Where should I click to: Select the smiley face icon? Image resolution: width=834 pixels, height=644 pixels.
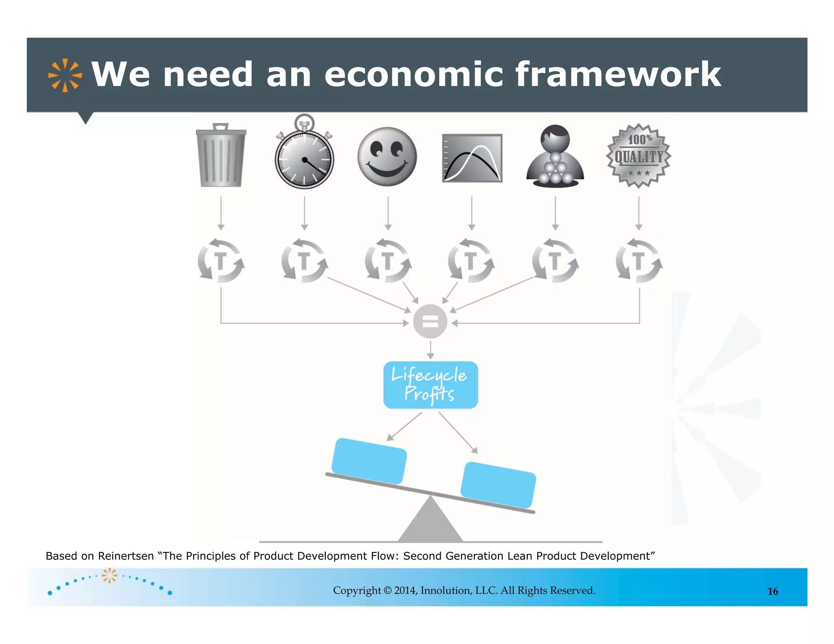pyautogui.click(x=387, y=157)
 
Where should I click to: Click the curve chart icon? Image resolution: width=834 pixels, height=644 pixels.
pyautogui.click(x=472, y=158)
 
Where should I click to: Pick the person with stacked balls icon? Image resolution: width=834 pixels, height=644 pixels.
pyautogui.click(x=555, y=157)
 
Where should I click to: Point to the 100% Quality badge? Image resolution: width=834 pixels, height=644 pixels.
pyautogui.click(x=639, y=156)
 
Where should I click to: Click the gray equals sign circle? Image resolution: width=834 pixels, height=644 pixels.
pyautogui.click(x=430, y=322)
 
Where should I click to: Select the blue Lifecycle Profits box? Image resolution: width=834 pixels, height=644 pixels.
pyautogui.click(x=430, y=385)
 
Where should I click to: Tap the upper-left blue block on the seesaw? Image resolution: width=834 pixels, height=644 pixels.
pyautogui.click(x=369, y=461)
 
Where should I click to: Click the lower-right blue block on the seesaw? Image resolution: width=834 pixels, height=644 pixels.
pyautogui.click(x=498, y=485)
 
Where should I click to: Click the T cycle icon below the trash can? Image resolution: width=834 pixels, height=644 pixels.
pyautogui.click(x=221, y=261)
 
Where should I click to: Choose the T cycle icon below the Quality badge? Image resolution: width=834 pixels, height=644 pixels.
pyautogui.click(x=639, y=261)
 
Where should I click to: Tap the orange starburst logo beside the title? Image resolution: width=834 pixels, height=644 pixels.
pyautogui.click(x=65, y=75)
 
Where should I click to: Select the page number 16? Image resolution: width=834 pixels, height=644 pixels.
pyautogui.click(x=773, y=591)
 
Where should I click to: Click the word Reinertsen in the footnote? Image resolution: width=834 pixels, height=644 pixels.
pyautogui.click(x=126, y=556)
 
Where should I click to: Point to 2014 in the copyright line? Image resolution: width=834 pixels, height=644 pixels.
pyautogui.click(x=405, y=591)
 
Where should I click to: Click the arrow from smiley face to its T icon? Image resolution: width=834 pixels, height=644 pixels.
pyautogui.click(x=388, y=213)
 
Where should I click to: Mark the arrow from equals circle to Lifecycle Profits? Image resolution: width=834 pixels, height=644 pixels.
pyautogui.click(x=430, y=350)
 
